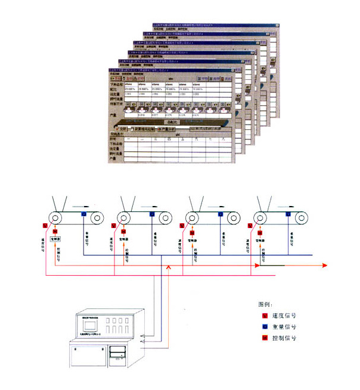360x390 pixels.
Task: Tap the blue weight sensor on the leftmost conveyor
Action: [x=83, y=213]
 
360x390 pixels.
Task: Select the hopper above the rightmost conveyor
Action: [x=262, y=202]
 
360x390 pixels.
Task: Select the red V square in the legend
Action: [x=265, y=316]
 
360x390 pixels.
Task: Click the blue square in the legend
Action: [x=265, y=327]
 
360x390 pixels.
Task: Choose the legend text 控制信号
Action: [x=285, y=338]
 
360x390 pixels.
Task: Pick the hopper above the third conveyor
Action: [x=193, y=202]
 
